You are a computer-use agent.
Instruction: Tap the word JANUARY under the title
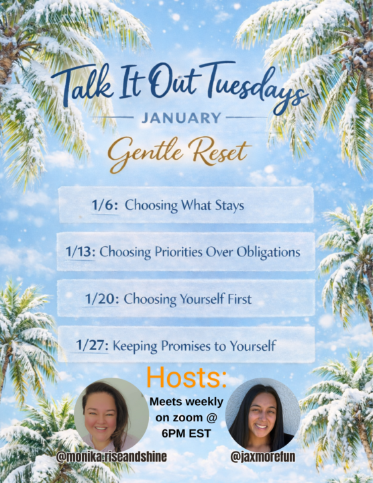coord(180,118)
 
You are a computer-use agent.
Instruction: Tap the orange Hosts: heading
coord(186,378)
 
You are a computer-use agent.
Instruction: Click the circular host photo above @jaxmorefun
coord(262,414)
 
